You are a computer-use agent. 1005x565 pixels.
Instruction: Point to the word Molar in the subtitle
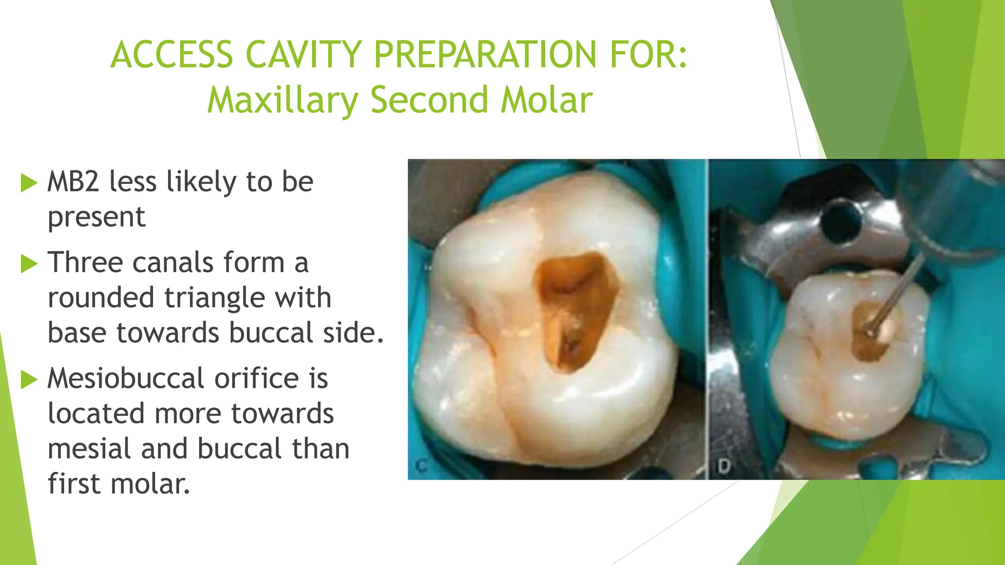coord(547,100)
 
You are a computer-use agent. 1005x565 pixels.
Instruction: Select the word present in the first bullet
coord(97,217)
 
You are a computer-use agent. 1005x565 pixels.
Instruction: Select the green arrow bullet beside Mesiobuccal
coord(29,380)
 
